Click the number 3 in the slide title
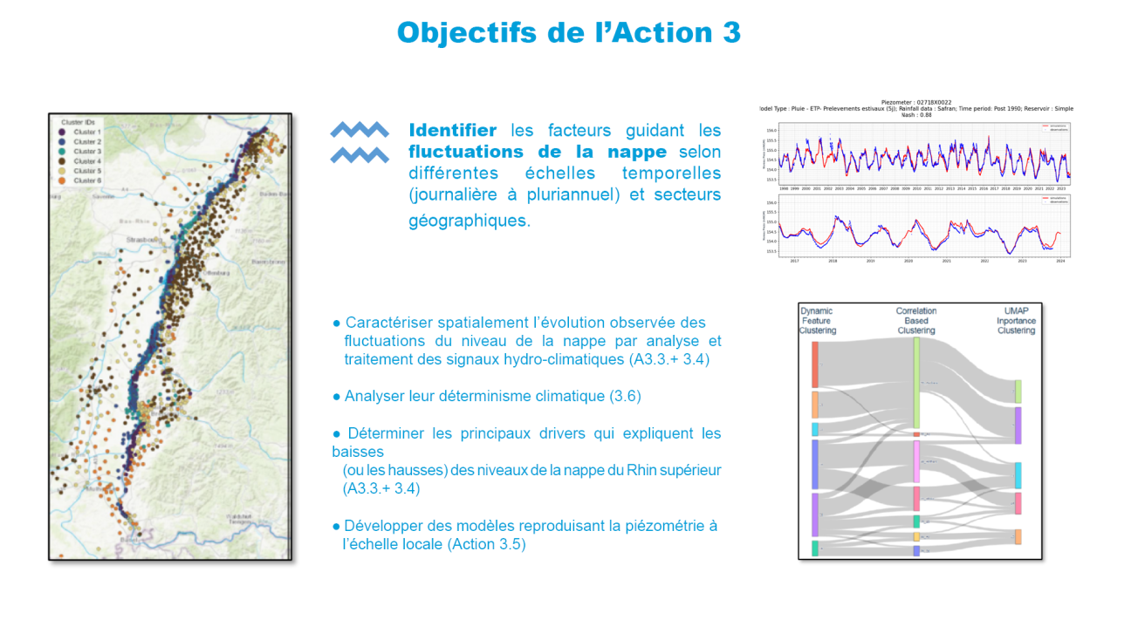(x=730, y=32)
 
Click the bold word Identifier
(x=452, y=130)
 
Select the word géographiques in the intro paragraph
(x=469, y=221)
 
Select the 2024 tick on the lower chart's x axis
(x=1059, y=261)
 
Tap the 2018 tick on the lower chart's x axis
(x=833, y=261)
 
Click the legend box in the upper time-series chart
(x=1054, y=127)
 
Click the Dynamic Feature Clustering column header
(x=817, y=320)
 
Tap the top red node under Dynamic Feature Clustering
(x=815, y=364)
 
